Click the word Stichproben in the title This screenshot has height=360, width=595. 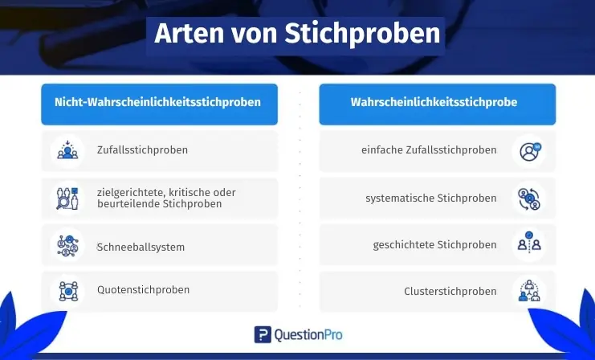click(x=362, y=35)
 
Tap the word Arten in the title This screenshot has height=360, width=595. click(x=190, y=33)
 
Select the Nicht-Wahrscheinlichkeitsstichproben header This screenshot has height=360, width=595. click(x=158, y=102)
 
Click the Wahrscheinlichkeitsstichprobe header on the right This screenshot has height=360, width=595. click(x=434, y=102)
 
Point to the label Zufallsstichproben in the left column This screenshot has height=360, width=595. click(x=142, y=150)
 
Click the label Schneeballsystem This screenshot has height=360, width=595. click(x=141, y=247)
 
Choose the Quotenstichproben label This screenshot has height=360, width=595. click(x=143, y=290)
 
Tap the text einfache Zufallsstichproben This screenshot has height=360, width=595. click(x=429, y=150)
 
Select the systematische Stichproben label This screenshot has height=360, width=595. click(x=431, y=198)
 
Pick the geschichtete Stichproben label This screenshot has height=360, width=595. click(x=435, y=245)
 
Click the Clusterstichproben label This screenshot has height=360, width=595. click(x=450, y=291)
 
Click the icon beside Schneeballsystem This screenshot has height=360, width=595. click(x=67, y=245)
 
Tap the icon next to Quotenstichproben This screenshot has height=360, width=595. click(x=68, y=291)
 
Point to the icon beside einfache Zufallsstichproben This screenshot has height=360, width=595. click(x=530, y=152)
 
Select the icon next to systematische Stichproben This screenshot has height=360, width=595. click(x=529, y=199)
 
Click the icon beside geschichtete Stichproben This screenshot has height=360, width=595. click(x=529, y=243)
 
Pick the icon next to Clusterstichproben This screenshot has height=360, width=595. click(x=529, y=291)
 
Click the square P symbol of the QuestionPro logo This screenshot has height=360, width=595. click(x=263, y=334)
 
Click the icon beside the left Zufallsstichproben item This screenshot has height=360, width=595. click(x=67, y=150)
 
